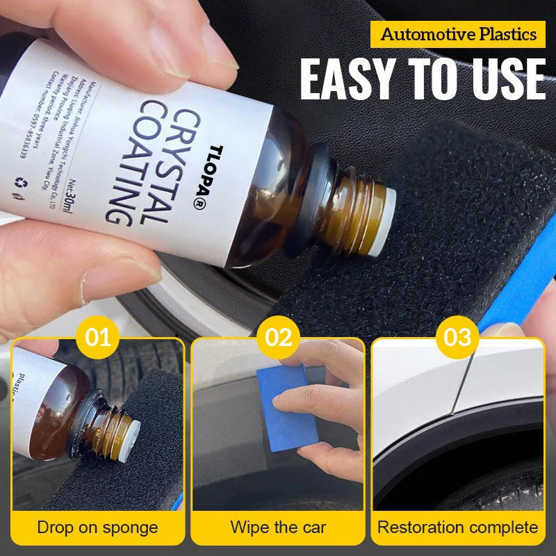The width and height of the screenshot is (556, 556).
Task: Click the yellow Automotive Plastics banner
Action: point(459,33)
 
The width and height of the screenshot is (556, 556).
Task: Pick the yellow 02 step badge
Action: point(278,338)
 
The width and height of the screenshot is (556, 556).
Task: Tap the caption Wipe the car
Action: point(277,527)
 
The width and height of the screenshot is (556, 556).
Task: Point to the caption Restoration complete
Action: point(457,527)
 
